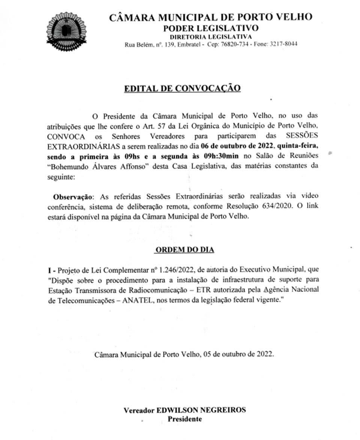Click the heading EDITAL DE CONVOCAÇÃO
coord(182,88)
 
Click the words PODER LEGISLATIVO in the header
coord(210,28)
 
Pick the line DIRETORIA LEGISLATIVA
coord(211,36)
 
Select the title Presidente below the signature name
coord(184,419)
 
